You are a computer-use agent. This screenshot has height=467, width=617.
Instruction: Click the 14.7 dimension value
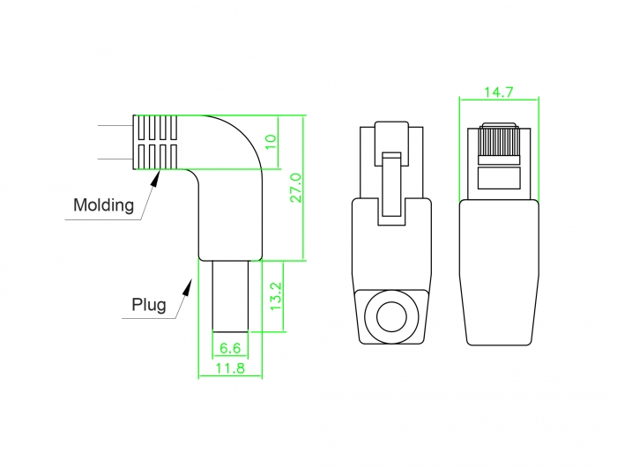click(499, 92)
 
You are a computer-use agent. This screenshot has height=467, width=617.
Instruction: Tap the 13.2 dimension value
click(276, 296)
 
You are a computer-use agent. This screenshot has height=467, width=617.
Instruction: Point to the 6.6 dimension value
click(230, 348)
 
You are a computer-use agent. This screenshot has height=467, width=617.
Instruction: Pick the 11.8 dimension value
click(230, 368)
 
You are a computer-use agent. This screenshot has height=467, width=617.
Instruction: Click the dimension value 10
click(271, 142)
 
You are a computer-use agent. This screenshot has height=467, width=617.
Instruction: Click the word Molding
click(103, 205)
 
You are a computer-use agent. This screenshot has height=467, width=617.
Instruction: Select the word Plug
click(149, 305)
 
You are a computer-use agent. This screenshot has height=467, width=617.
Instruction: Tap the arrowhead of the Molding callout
click(156, 178)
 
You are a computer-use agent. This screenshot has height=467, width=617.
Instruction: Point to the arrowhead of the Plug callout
click(188, 287)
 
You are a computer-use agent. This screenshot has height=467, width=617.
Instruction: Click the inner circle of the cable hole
click(391, 316)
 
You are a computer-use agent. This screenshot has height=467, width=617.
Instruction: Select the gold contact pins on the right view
click(499, 143)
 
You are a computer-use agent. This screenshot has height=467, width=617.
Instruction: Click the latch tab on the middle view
click(391, 184)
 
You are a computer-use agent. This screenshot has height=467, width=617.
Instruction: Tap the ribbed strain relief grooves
click(155, 143)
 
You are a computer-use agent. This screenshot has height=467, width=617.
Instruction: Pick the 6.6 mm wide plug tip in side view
click(230, 296)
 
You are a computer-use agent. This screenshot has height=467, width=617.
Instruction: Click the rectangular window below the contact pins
click(499, 178)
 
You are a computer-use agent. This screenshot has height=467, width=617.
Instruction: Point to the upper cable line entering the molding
click(115, 126)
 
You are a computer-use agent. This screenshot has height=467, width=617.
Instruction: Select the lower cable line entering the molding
click(115, 159)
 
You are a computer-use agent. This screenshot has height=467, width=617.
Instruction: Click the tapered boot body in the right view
click(499, 272)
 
